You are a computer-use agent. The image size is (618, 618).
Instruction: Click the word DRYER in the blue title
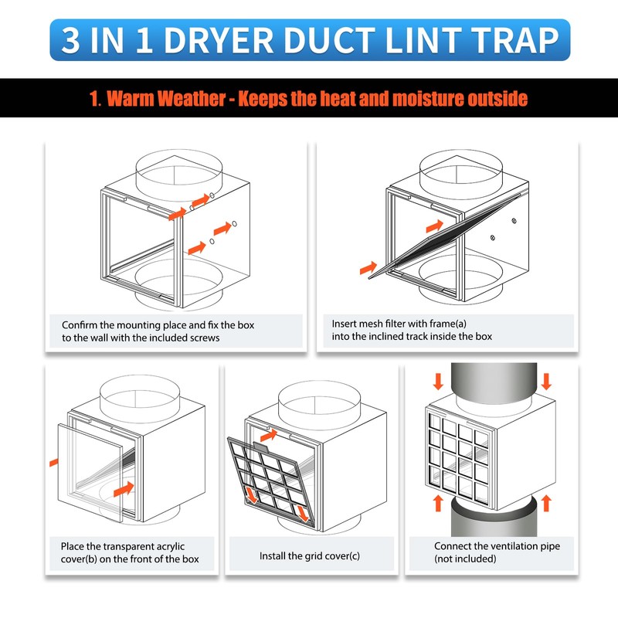click(x=218, y=40)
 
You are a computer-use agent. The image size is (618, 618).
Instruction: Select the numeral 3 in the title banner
click(x=70, y=40)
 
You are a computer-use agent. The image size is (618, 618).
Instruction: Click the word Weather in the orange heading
click(x=166, y=99)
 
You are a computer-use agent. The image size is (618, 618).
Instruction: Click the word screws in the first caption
click(x=203, y=338)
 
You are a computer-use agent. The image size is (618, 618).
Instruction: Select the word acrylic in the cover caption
click(x=170, y=547)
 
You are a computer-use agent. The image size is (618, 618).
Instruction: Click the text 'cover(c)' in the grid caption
click(x=342, y=556)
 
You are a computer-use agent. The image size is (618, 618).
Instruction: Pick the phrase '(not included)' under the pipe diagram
click(x=465, y=559)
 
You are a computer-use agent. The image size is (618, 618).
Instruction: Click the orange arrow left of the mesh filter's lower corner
click(x=368, y=268)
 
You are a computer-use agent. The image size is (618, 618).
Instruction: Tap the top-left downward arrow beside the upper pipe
click(x=438, y=382)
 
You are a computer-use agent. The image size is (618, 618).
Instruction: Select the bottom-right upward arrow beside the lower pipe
click(x=546, y=504)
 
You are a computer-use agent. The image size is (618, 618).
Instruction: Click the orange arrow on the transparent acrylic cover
click(x=124, y=489)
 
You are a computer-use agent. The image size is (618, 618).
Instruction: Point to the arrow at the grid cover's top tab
click(x=269, y=436)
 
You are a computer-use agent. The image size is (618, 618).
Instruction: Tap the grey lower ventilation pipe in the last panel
click(x=494, y=520)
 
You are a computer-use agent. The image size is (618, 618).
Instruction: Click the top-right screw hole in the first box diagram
click(x=235, y=224)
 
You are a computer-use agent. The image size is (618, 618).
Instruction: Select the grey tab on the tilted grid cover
click(x=261, y=447)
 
